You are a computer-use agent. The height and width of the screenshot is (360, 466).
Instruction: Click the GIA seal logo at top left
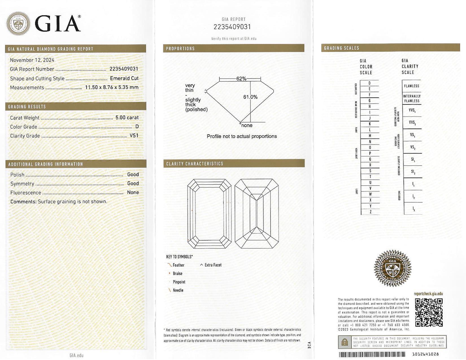coord(18,24)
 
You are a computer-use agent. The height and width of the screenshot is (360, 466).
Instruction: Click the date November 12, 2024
coord(32,60)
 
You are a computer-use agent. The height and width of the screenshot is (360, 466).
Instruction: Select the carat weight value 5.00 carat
coord(127,117)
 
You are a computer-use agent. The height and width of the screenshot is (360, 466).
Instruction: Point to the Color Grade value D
coord(137,127)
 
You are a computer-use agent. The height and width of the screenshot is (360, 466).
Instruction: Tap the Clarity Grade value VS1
coord(134,136)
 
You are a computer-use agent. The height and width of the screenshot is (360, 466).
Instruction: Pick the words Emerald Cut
coord(124,78)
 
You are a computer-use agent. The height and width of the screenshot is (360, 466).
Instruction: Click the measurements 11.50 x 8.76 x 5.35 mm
coord(112,88)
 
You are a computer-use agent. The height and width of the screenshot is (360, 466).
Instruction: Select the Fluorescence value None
coord(133,193)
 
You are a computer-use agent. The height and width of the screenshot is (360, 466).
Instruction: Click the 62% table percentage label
coord(241,79)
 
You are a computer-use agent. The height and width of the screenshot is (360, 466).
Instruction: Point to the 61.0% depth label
coord(250,97)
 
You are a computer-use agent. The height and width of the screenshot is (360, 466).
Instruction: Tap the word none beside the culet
coord(247,125)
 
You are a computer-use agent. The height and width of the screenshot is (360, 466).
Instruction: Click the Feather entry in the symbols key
coord(178,265)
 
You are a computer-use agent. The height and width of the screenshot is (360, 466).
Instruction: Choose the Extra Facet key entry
coord(213,265)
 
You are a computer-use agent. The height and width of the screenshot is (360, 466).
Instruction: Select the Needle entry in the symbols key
coord(178,290)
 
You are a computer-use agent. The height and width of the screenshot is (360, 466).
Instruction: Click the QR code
coord(429,312)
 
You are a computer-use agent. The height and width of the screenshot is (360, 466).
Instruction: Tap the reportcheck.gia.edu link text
coord(428,294)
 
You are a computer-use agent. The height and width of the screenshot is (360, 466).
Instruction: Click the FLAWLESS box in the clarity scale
coord(411,86)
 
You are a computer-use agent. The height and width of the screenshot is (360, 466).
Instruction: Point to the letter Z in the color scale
coord(370,212)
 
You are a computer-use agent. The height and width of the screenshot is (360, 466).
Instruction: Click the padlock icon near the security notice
coord(345,342)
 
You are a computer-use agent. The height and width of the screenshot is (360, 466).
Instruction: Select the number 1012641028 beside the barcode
coord(425,354)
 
